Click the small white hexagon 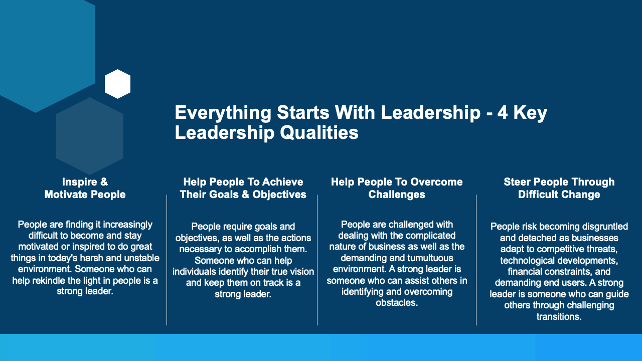click(117, 84)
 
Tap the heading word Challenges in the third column click(397, 195)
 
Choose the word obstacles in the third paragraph click(396, 302)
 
